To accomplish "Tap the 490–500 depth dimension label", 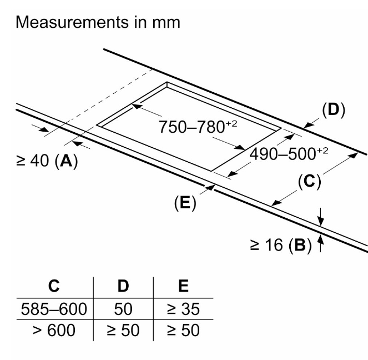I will point(288,153).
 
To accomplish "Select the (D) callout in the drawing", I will point(332,109).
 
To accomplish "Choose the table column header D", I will point(123,287).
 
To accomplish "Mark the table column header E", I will point(183,287).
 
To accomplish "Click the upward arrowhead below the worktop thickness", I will point(320,240).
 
